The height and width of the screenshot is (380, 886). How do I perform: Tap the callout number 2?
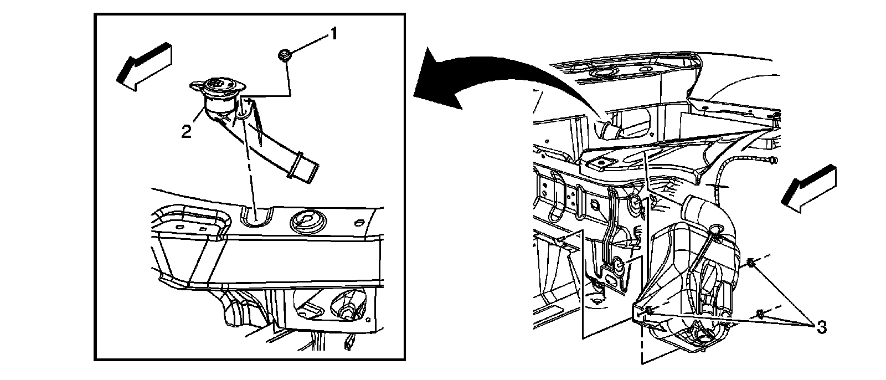click(187, 132)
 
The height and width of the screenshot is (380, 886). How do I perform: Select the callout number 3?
click(821, 328)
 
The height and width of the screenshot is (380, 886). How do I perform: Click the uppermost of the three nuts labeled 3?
click(751, 263)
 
